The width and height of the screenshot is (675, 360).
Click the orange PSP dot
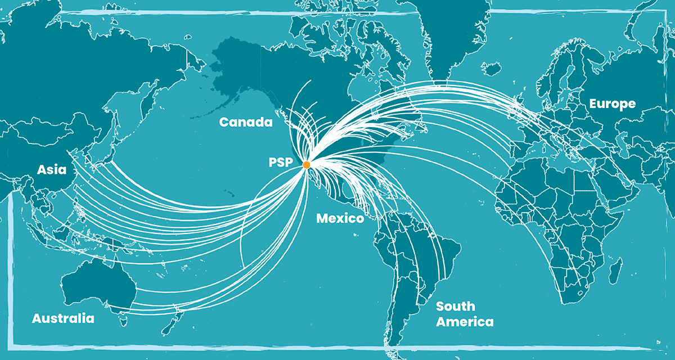306,165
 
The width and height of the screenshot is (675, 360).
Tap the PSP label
280,163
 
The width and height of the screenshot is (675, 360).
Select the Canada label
246,121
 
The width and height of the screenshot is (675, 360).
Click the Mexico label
340,218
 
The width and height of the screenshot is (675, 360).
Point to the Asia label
52,169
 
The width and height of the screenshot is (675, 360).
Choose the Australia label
63,318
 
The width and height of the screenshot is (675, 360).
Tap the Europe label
612,103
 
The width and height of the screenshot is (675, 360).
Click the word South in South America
455,307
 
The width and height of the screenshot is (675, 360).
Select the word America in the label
465,322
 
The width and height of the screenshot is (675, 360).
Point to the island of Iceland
490,69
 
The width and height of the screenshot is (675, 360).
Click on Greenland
450,34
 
